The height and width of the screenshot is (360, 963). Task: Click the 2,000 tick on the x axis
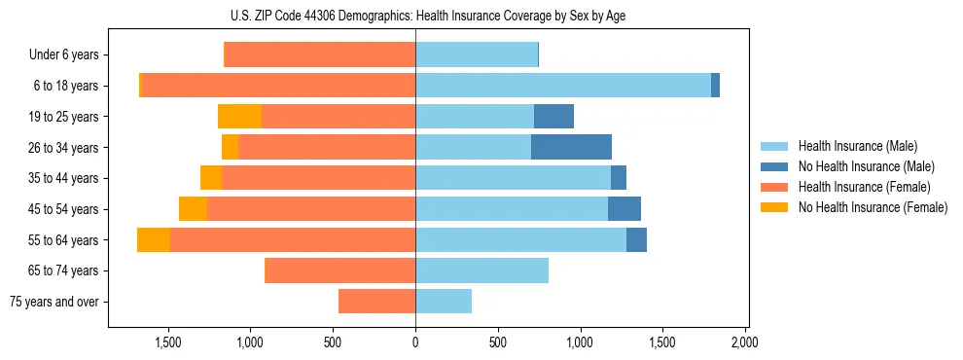(745, 343)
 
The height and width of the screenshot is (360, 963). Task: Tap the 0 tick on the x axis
(415, 343)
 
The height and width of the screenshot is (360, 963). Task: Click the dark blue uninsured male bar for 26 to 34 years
(571, 148)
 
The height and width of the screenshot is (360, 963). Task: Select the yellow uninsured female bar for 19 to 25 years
(239, 117)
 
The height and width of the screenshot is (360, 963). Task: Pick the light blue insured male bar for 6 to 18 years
(563, 86)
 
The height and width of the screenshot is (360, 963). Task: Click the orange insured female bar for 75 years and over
(376, 302)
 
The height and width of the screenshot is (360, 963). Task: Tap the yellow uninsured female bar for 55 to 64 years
(154, 240)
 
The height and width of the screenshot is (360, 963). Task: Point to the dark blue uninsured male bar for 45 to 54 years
(624, 209)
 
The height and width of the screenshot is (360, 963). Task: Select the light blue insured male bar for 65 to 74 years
(481, 270)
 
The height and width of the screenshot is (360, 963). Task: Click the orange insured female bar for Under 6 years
(320, 55)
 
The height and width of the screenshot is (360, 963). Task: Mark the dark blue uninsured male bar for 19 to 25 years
(553, 117)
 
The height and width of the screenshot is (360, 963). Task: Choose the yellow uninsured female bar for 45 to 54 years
(193, 209)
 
